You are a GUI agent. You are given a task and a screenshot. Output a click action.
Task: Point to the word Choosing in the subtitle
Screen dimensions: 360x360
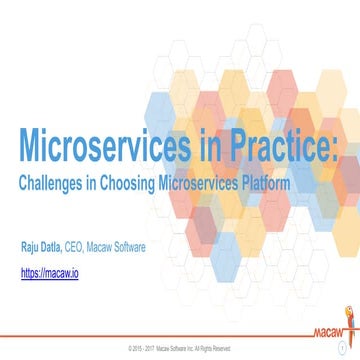coord(127,185)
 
